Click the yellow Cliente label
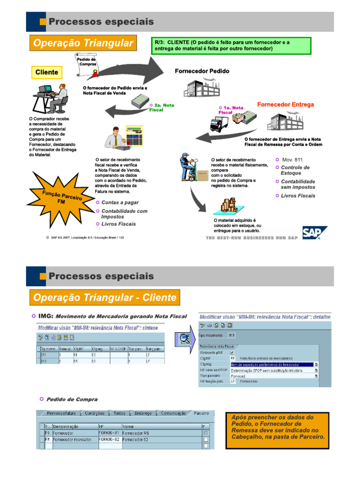pyautogui.click(x=47, y=72)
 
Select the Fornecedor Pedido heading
pyautogui.click(x=202, y=71)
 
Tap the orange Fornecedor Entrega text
pyautogui.click(x=285, y=105)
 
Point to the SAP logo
pyautogui.click(x=314, y=233)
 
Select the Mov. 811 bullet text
pyautogui.click(x=292, y=160)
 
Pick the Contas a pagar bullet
pyautogui.click(x=120, y=202)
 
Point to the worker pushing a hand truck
pyautogui.click(x=191, y=168)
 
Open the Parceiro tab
pyautogui.click(x=201, y=413)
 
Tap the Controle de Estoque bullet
pyautogui.click(x=295, y=170)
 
